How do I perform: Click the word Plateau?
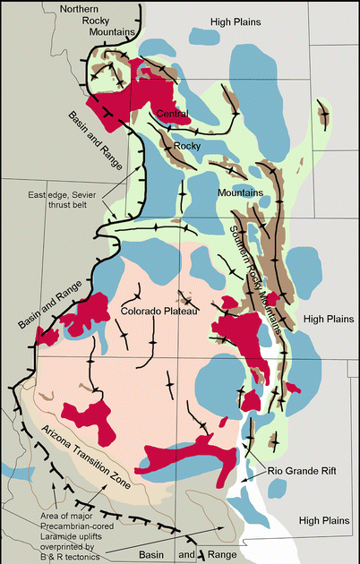point(175,311)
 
